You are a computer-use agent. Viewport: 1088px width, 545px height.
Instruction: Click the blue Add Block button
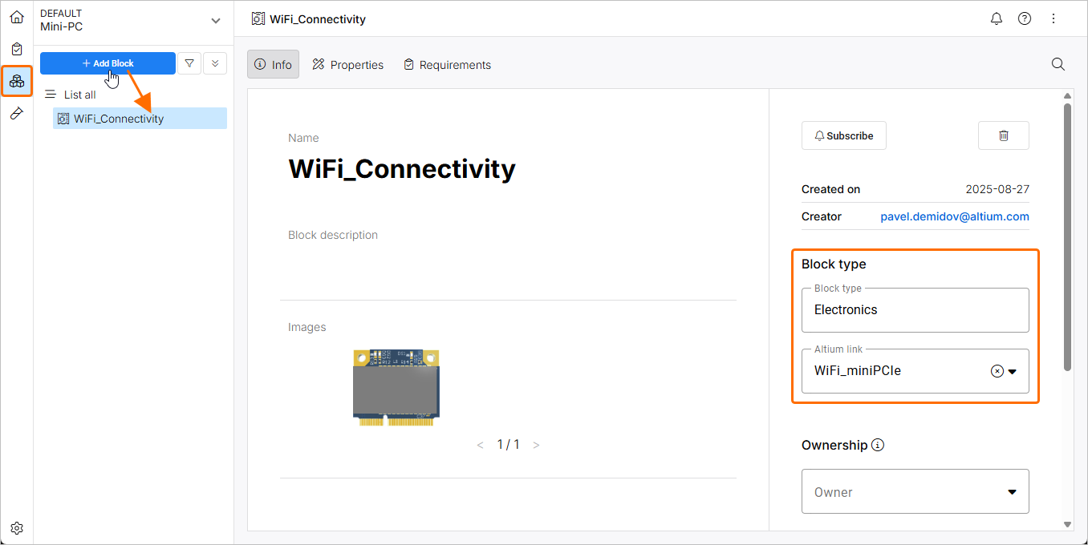click(108, 63)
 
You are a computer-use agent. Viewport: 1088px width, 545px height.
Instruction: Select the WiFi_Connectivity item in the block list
click(119, 119)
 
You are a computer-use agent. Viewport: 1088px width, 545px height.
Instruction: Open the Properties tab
click(348, 65)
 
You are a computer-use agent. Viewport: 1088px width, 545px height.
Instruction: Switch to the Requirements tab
click(447, 65)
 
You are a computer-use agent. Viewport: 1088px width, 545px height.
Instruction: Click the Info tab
click(273, 65)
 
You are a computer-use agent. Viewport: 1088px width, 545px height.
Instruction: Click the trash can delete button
click(1003, 135)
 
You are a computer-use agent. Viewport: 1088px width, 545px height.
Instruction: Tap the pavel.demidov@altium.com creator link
click(954, 216)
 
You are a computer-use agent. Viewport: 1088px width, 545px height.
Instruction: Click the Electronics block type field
click(915, 310)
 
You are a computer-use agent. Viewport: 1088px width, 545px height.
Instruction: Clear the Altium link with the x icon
click(997, 371)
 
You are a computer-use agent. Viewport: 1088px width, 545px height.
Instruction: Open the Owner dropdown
click(915, 491)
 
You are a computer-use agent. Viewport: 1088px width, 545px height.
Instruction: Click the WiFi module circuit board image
click(396, 387)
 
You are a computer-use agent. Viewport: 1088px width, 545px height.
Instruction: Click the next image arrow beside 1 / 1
click(536, 445)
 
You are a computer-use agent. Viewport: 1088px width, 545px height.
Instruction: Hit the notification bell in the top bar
click(997, 18)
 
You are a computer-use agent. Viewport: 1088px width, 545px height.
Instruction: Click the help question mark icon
click(1025, 18)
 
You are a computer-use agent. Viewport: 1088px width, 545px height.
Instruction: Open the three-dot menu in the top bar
click(1053, 18)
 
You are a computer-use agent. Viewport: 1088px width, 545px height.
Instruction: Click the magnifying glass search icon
click(1058, 64)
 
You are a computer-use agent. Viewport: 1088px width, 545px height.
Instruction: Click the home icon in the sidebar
click(17, 17)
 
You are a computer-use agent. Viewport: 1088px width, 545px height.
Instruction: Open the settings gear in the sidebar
click(17, 528)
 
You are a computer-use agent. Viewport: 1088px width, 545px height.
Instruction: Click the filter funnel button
click(189, 63)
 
